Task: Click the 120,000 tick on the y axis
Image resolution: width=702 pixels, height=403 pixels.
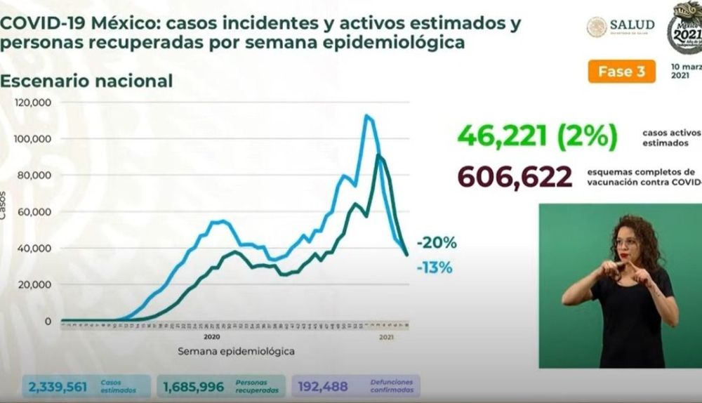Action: [33, 103]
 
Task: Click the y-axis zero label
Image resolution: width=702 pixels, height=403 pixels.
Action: [48, 322]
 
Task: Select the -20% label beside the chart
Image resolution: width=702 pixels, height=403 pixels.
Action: [436, 244]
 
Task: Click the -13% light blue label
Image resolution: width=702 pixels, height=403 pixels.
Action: [436, 267]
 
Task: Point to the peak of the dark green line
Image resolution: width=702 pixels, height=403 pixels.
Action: [379, 155]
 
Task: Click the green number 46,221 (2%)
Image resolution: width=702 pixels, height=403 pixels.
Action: [537, 135]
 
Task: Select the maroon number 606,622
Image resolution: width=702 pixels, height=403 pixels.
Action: [515, 178]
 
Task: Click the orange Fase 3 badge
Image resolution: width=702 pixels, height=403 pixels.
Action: [622, 72]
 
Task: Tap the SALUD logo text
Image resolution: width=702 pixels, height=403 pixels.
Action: [632, 25]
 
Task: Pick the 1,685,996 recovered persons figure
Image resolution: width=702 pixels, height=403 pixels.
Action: [193, 386]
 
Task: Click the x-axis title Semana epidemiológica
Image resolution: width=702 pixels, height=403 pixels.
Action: [235, 350]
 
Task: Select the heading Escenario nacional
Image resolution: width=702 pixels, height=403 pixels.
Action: [86, 81]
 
